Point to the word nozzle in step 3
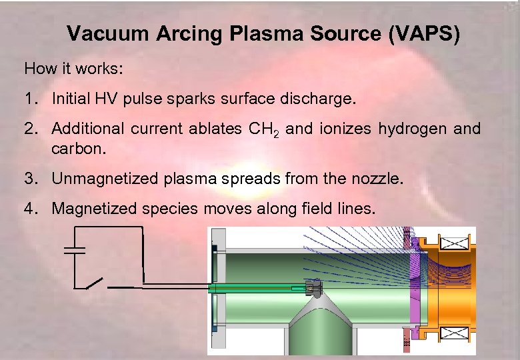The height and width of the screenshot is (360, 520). pos(377,179)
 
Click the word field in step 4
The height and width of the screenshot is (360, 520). pos(322,209)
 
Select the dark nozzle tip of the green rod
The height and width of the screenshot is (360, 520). pos(313,289)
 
